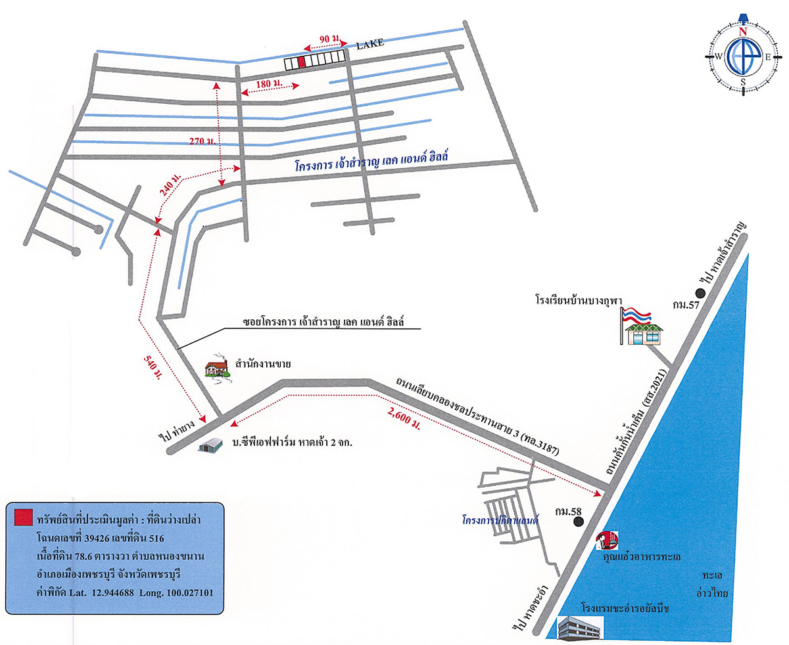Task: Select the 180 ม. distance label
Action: [268, 83]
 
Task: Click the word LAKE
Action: [370, 45]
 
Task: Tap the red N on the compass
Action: [743, 31]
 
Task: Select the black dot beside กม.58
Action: [578, 522]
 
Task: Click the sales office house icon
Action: [216, 367]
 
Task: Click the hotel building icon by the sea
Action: [579, 627]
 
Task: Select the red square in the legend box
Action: [23, 517]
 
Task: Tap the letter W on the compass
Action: [719, 56]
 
